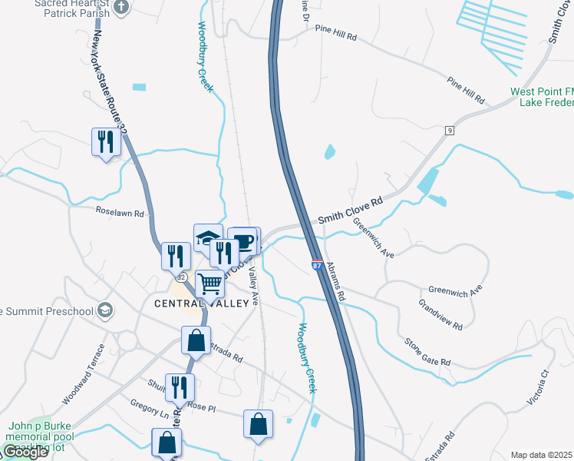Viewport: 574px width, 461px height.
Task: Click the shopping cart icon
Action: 209,284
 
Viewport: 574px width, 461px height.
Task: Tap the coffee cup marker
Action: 244,240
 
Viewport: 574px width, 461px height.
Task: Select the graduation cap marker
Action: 208,237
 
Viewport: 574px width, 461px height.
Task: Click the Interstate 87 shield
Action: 317,265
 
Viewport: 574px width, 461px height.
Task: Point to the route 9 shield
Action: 449,131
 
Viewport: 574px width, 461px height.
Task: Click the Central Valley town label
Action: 203,303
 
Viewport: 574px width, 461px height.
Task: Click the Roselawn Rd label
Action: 120,211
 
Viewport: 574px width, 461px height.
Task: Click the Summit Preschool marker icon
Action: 105,311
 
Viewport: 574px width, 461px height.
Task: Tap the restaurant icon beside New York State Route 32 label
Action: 105,141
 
